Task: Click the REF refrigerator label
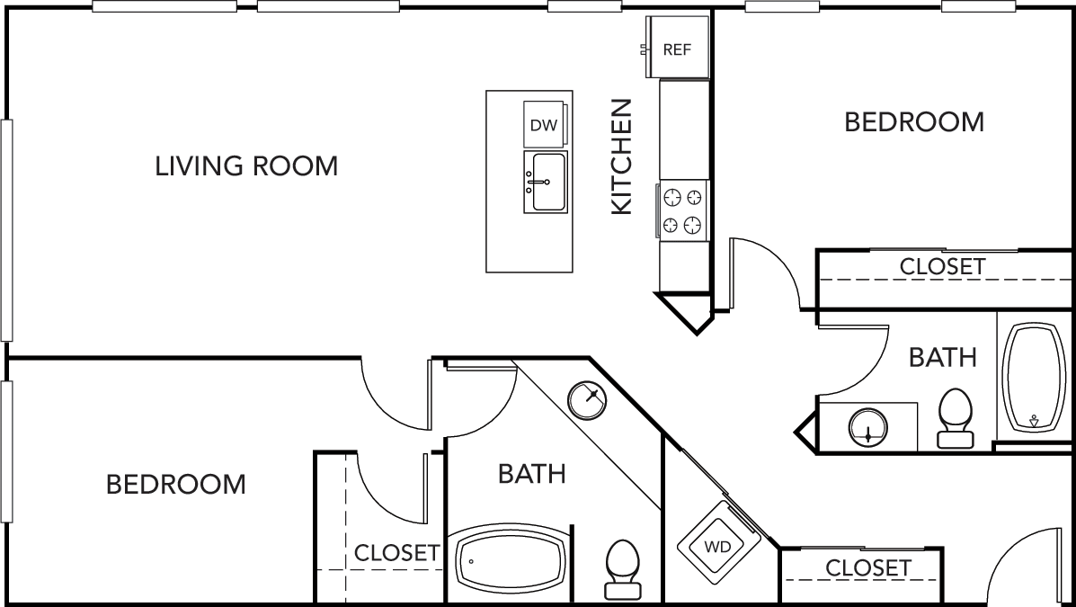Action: coord(677,49)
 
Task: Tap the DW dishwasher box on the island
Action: coord(544,125)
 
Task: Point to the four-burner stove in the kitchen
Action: coord(682,210)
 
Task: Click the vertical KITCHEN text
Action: coord(622,157)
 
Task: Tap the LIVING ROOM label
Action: coord(246,166)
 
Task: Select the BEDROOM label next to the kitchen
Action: coord(914,122)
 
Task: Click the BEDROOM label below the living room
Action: coord(175,485)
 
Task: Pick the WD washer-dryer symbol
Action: coord(717,546)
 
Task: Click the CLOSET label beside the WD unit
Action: coord(867,568)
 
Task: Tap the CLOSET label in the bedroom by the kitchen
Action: coord(942,267)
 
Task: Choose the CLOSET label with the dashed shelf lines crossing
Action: coord(396,553)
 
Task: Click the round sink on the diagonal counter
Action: coord(589,398)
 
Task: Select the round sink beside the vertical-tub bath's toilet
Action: coord(867,426)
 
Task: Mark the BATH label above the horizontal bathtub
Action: coord(532,474)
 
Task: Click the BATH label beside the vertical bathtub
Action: coord(942,358)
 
